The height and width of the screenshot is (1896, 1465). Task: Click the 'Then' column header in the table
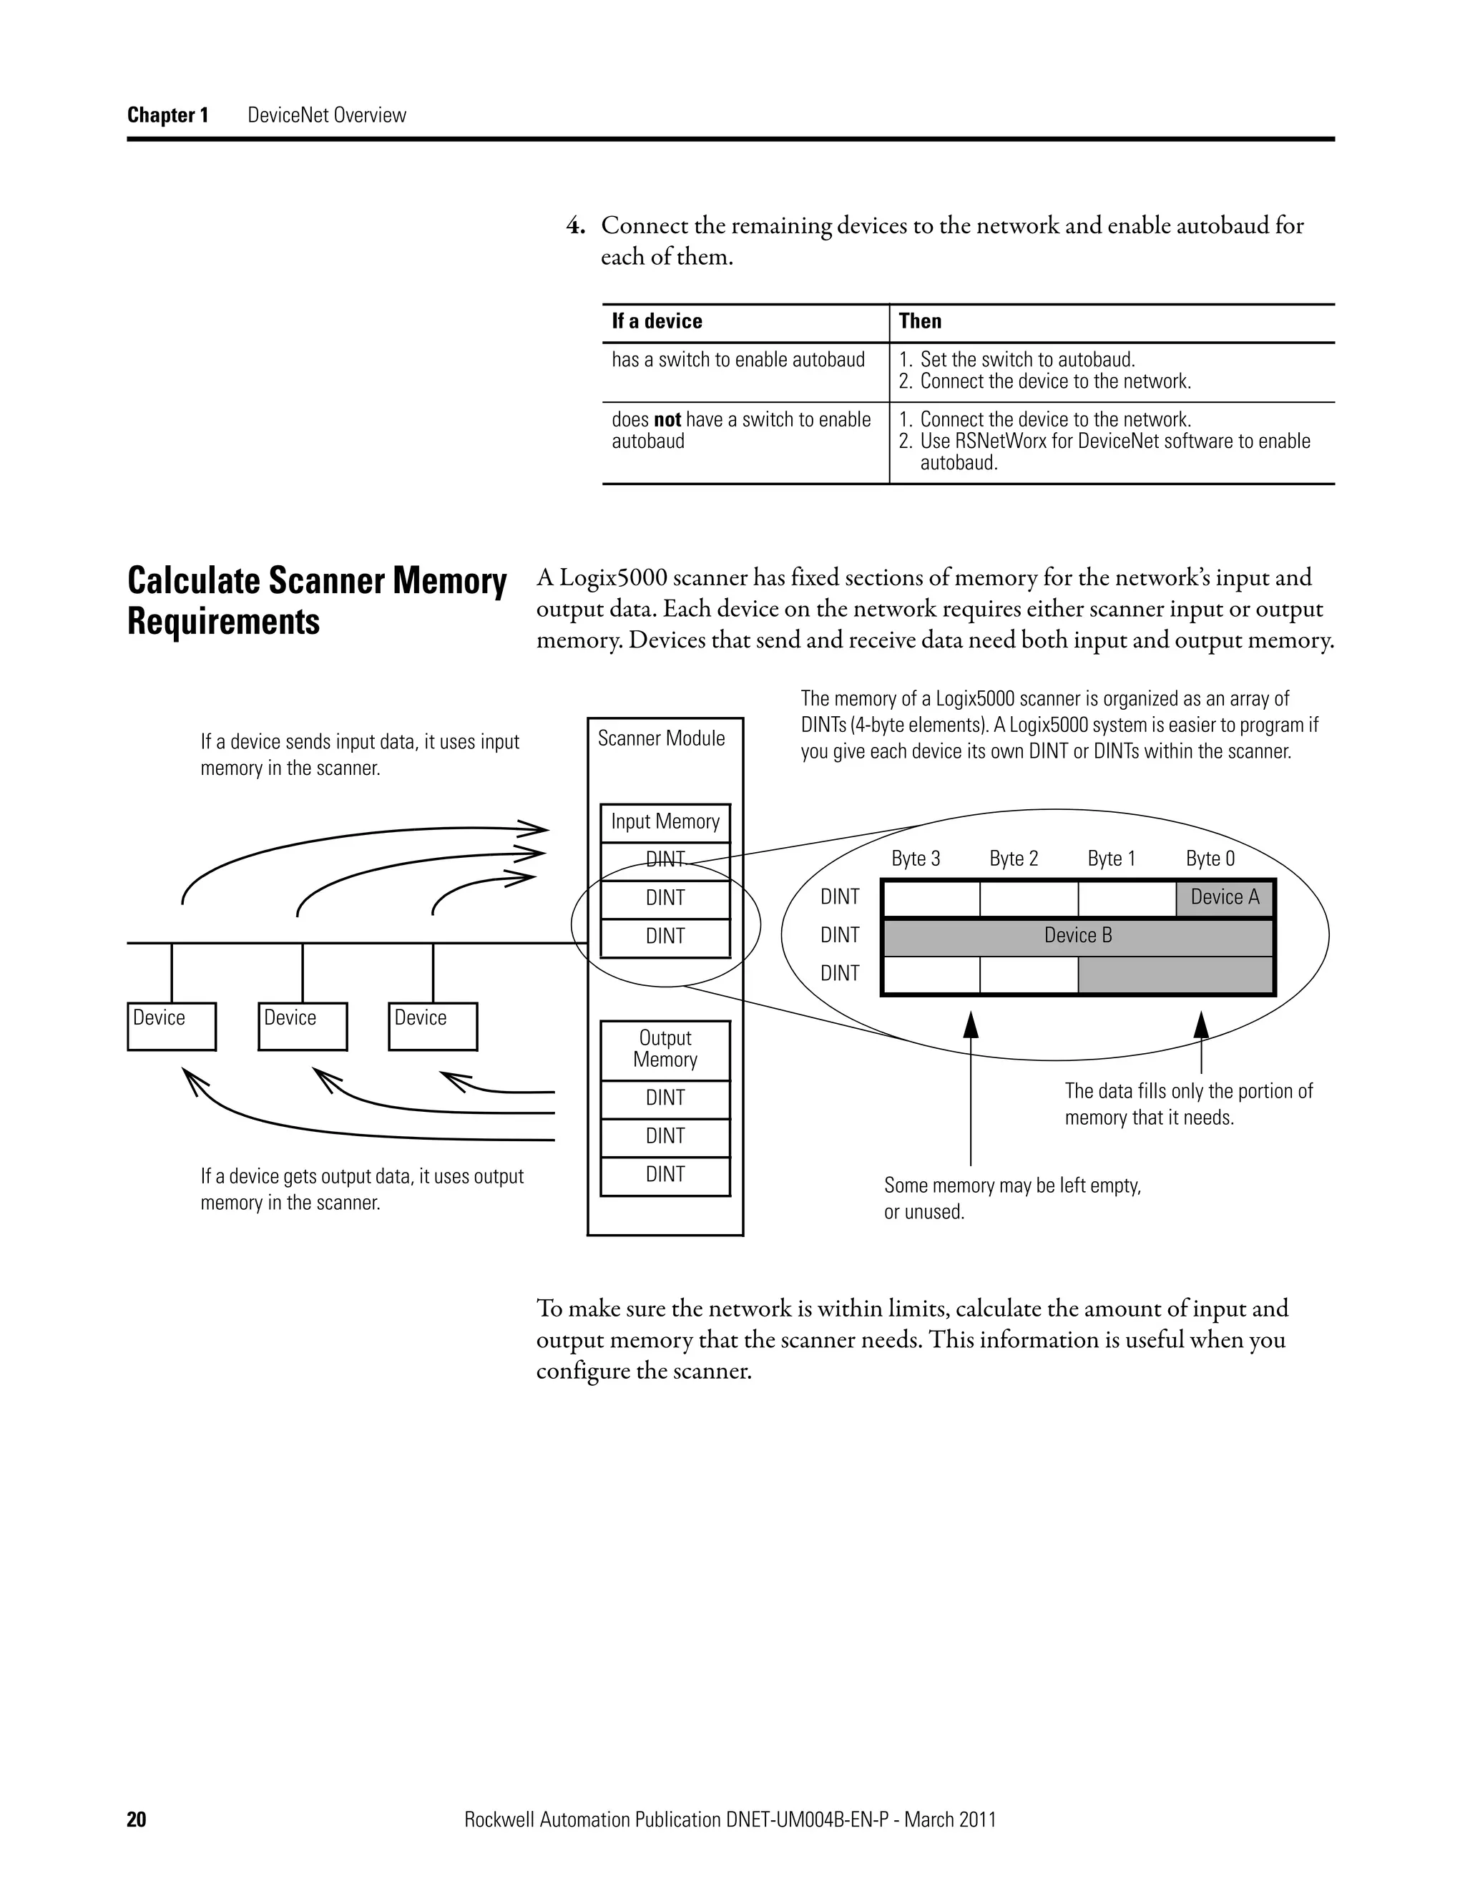point(919,321)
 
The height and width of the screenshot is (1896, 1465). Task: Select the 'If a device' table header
point(656,321)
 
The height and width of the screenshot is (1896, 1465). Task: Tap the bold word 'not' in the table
point(667,420)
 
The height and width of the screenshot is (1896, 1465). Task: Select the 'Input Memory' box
point(665,821)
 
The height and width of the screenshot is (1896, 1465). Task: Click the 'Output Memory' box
point(665,1049)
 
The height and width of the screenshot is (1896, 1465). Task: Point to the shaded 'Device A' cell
point(1224,898)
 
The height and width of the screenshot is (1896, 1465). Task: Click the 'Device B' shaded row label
point(1077,936)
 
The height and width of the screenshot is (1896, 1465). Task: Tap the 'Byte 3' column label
point(915,859)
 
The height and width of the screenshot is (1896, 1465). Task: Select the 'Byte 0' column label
point(1209,859)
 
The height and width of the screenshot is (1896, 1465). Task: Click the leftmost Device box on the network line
point(171,1026)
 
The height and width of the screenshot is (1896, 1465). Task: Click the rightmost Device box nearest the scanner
point(432,1026)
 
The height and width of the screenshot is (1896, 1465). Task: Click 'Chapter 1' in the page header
point(167,115)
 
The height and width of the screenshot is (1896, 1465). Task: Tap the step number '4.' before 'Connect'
point(575,225)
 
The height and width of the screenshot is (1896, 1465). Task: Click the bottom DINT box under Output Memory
point(665,1175)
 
